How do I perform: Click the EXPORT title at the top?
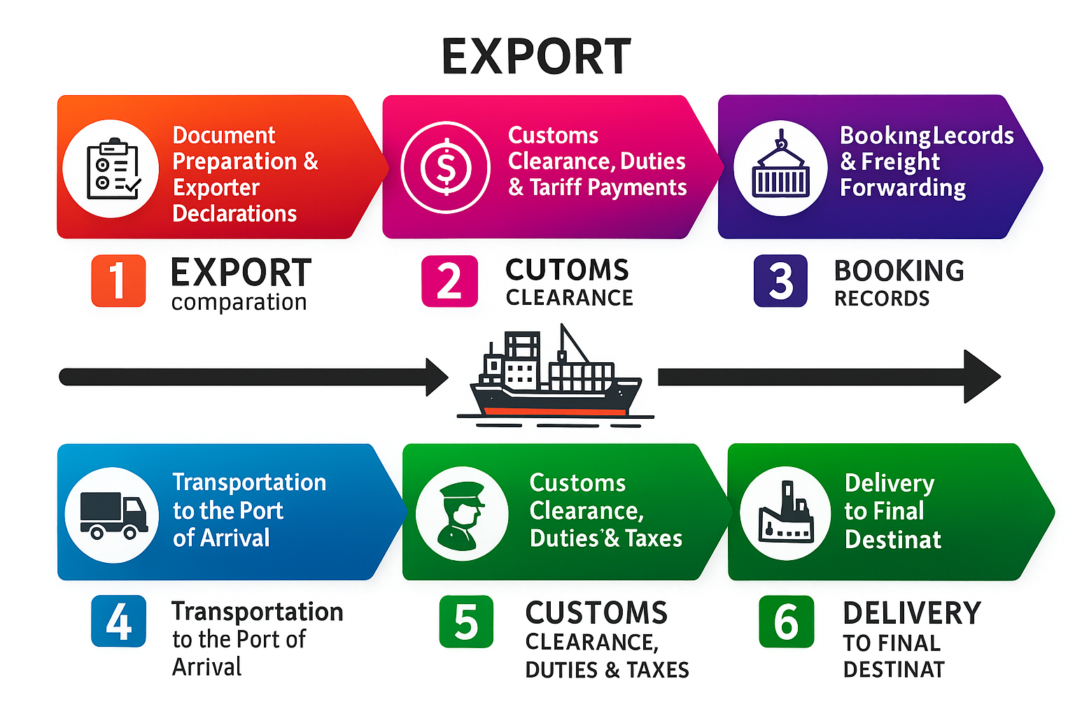click(536, 57)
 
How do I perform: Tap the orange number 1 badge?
click(118, 281)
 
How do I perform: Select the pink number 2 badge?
click(449, 281)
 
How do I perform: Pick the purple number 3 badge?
click(780, 281)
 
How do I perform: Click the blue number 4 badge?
click(118, 621)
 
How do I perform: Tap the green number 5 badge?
click(466, 622)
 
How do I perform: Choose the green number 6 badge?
click(787, 622)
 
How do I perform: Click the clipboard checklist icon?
click(112, 169)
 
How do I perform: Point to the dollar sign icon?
click(445, 167)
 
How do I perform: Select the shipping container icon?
click(780, 168)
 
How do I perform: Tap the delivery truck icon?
click(113, 515)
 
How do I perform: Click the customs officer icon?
click(461, 514)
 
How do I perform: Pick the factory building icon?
click(785, 513)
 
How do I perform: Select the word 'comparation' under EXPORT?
click(239, 303)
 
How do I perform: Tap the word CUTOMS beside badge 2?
click(567, 270)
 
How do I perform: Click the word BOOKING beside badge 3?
click(899, 271)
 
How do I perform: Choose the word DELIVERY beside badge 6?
click(911, 613)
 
